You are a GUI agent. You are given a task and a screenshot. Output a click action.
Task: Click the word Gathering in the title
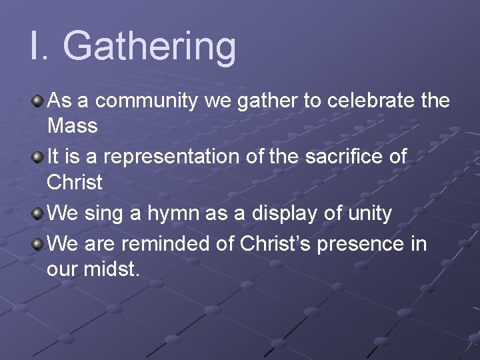[150, 47]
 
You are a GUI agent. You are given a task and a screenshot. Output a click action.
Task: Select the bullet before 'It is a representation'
[38, 158]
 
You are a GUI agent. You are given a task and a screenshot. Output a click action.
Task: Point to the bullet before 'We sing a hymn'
[38, 214]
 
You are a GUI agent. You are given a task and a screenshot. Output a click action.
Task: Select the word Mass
[73, 125]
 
